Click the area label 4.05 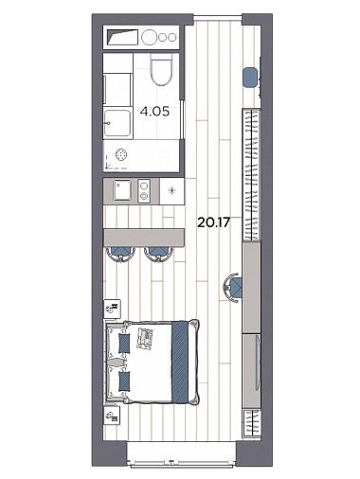pyautogui.click(x=154, y=112)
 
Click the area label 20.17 pyautogui.click(x=213, y=222)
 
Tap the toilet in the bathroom pyautogui.click(x=161, y=70)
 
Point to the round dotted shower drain pyautogui.click(x=121, y=154)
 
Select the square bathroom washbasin pyautogui.click(x=117, y=123)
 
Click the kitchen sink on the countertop pyautogui.click(x=122, y=190)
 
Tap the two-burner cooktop pyautogui.click(x=144, y=190)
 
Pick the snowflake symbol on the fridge pyautogui.click(x=171, y=190)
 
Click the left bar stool pyautogui.click(x=120, y=254)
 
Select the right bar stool pyautogui.click(x=159, y=254)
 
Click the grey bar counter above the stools pyautogui.click(x=144, y=238)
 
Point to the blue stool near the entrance pyautogui.click(x=250, y=77)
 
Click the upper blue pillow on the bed pyautogui.click(x=124, y=344)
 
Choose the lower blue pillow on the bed pyautogui.click(x=124, y=381)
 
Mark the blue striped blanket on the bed pyautogui.click(x=180, y=362)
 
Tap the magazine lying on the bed pyautogui.click(x=145, y=338)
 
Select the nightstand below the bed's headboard pyautogui.click(x=112, y=416)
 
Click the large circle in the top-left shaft pyautogui.click(x=149, y=37)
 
